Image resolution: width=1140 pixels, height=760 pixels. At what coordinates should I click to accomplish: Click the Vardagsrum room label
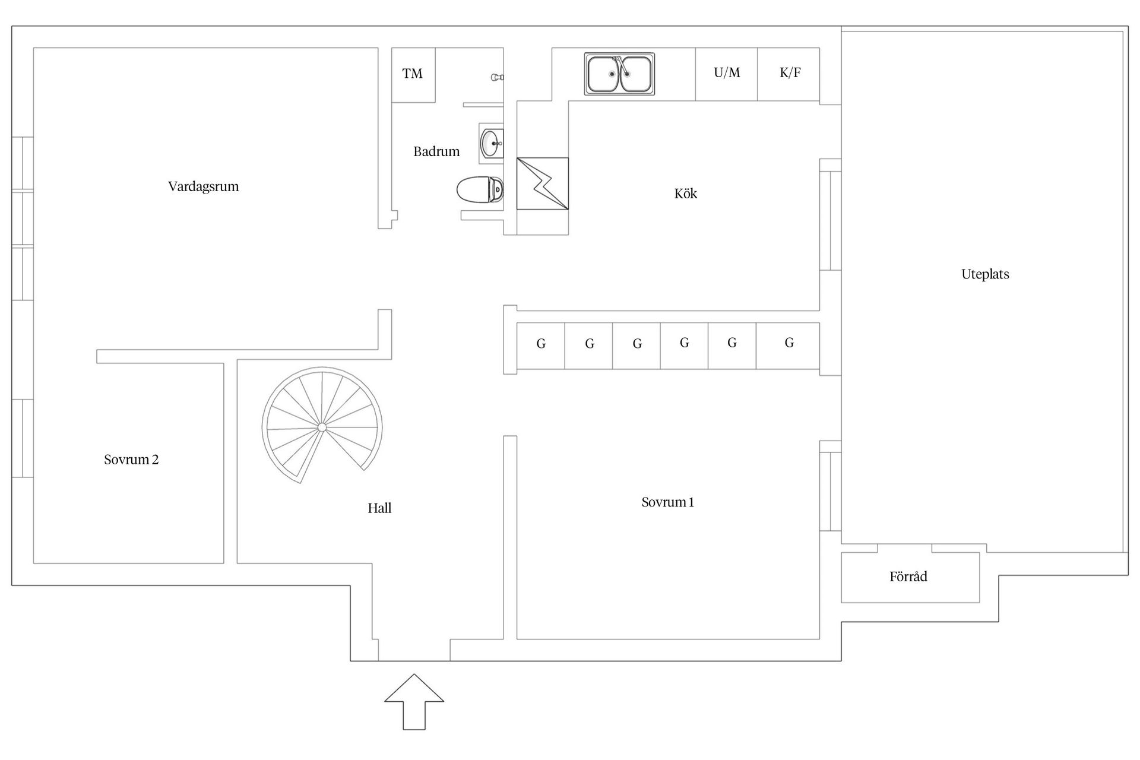coord(203,186)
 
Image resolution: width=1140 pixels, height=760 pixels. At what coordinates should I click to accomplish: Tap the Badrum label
coord(436,151)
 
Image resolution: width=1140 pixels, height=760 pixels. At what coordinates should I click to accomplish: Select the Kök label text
coord(685,194)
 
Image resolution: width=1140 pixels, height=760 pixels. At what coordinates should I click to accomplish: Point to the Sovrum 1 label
coord(667,502)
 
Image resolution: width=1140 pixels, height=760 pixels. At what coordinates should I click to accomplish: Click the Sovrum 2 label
coord(131,460)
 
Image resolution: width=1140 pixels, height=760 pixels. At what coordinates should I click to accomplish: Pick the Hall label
coord(379,508)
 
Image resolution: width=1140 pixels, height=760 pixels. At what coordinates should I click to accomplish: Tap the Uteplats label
coord(985,274)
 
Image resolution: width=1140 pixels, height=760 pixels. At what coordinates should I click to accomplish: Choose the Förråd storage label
coord(908,577)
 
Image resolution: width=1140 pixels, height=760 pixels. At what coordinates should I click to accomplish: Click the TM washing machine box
coord(413,74)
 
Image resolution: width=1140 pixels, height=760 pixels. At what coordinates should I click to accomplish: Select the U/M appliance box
coord(727,73)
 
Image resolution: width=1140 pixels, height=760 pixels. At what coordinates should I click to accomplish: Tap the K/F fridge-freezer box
coord(789,73)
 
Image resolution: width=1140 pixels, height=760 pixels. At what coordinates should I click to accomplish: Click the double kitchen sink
coord(619,74)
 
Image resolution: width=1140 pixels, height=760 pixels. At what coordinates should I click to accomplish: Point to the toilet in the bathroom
coord(480,190)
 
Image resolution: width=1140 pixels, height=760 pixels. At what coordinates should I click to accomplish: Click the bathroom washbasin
coord(492,143)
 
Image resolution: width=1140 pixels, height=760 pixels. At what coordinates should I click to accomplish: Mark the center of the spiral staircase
coord(322,427)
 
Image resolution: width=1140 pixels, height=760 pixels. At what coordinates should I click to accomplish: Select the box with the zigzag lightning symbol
coord(542,183)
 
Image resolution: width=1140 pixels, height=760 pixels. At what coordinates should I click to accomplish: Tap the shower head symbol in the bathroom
coord(497,77)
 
